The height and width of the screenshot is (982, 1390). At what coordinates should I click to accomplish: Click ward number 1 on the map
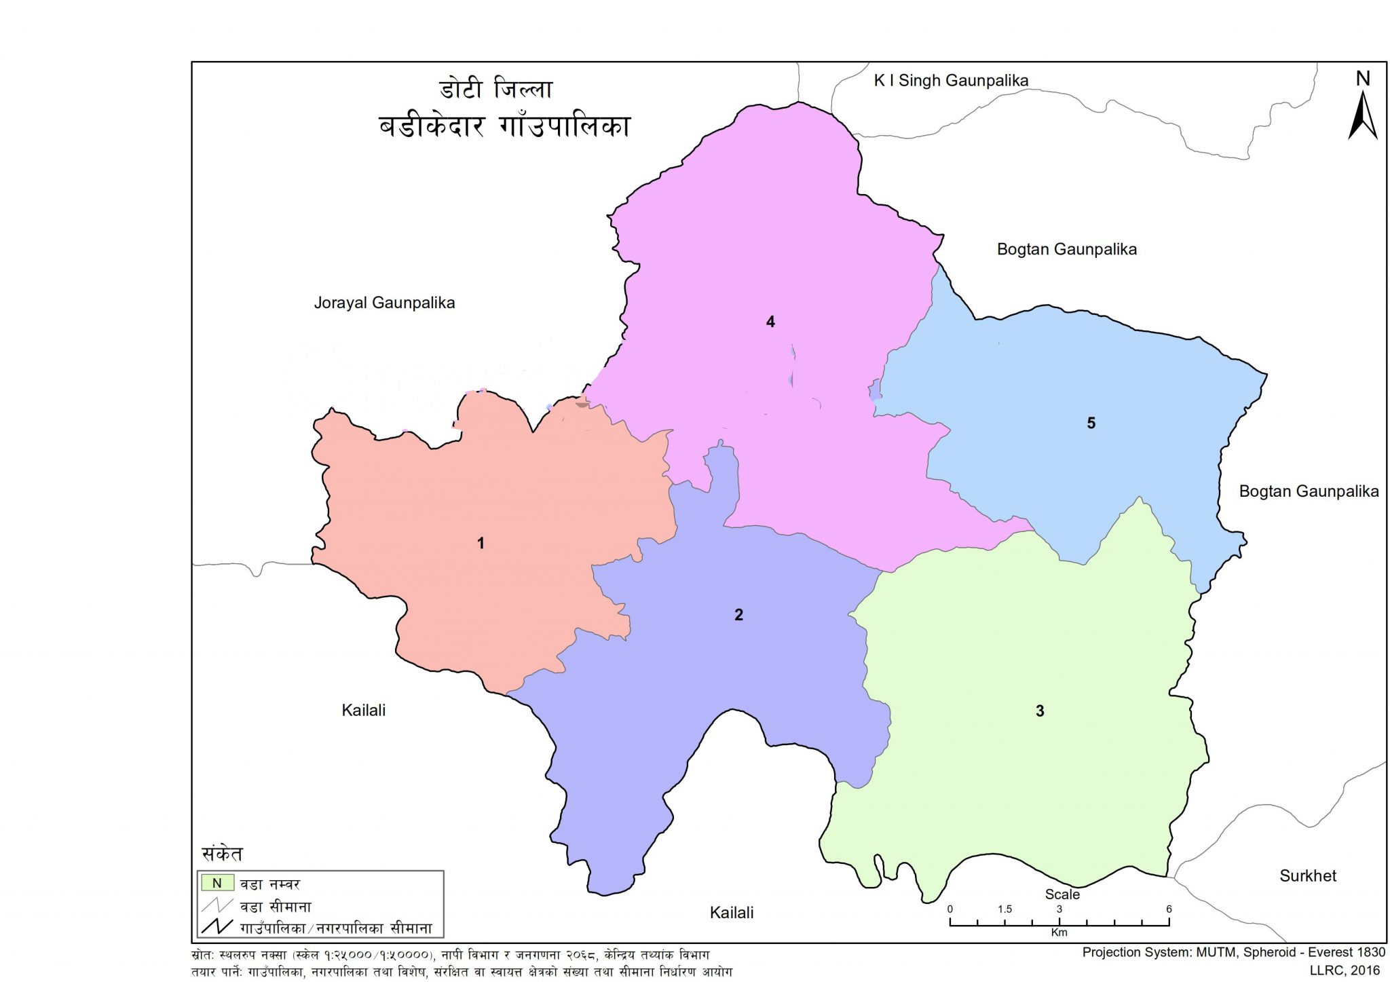(x=481, y=544)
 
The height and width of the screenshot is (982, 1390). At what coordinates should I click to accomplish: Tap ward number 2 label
(x=738, y=616)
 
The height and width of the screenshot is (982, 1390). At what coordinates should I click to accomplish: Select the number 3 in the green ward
(x=1039, y=711)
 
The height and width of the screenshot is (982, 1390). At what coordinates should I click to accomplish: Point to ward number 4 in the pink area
(x=770, y=322)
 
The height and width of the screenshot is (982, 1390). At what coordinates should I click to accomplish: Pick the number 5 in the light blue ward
(x=1091, y=423)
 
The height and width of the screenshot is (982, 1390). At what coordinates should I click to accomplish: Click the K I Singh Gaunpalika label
(x=951, y=81)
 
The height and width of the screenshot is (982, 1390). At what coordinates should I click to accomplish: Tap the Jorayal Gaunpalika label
(x=384, y=303)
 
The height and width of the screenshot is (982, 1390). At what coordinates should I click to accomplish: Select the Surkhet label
(x=1307, y=876)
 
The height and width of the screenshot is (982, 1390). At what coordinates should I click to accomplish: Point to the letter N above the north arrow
(x=1363, y=79)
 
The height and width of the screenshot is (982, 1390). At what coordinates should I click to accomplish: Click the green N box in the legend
(x=217, y=883)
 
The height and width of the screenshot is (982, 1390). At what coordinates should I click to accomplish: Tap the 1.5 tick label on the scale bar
(x=1004, y=909)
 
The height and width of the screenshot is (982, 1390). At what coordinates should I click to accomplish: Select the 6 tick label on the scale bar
(x=1169, y=909)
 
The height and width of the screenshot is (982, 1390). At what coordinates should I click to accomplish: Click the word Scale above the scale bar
(x=1062, y=894)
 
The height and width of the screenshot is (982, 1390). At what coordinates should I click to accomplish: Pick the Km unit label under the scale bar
(x=1059, y=932)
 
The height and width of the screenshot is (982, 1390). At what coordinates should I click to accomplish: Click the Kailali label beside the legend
(x=732, y=913)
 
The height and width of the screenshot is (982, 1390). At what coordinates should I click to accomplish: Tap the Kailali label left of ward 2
(x=364, y=711)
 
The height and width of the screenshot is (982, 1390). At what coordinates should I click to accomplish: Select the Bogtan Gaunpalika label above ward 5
(x=1066, y=250)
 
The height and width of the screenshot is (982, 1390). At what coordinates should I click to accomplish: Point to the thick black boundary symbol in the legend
(x=217, y=927)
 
